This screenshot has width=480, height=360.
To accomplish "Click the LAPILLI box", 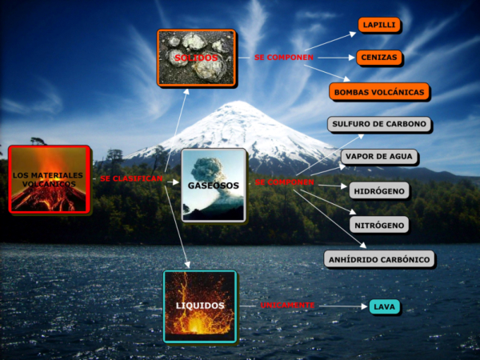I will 379,26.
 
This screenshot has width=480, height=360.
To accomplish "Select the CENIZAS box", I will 379,58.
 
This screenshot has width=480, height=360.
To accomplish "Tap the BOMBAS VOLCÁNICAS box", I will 379,92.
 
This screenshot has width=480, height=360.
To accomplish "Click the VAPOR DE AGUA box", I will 379,157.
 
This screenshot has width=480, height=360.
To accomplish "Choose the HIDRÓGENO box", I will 379,190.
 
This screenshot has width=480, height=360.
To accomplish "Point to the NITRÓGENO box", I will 379,225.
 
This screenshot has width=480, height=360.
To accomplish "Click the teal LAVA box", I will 384,307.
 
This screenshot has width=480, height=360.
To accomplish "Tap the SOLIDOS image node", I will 196,58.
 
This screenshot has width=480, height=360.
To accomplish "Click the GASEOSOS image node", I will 214,185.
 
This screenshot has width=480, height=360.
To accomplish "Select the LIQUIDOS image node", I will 200,306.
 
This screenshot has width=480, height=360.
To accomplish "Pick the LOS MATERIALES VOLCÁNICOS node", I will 49,179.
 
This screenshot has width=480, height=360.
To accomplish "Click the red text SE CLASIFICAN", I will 132,178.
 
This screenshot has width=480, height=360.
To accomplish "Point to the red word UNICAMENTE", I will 287,306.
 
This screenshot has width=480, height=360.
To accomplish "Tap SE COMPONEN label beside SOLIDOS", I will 284,58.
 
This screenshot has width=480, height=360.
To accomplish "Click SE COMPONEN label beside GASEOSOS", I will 285,182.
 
